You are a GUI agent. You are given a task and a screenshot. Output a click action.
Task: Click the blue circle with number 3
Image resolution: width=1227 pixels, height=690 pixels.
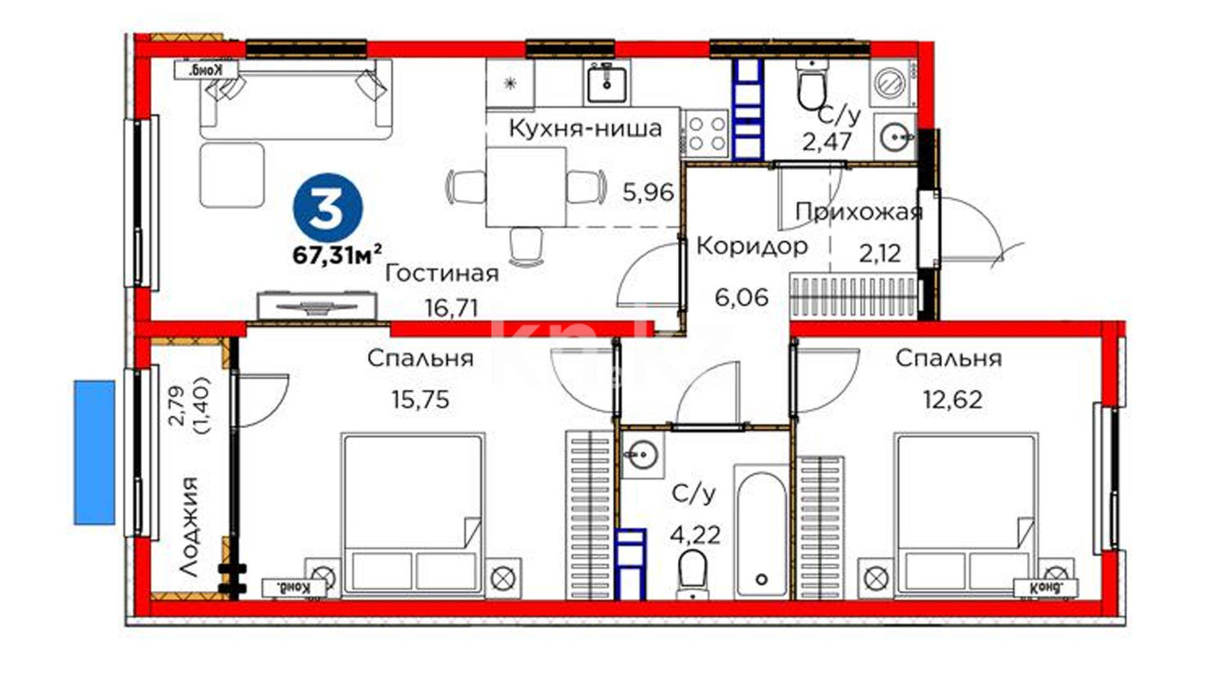pyautogui.click(x=328, y=209)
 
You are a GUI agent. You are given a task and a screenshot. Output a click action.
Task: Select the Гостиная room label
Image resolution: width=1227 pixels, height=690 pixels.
pyautogui.click(x=442, y=274)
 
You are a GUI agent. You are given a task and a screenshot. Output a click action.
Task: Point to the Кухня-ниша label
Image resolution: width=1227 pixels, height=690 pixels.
pyautogui.click(x=585, y=128)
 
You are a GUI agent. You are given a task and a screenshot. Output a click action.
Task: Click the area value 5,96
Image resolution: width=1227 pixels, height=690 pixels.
pyautogui.click(x=648, y=192)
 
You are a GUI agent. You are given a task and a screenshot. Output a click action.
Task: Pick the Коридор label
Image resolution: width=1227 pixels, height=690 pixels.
pyautogui.click(x=752, y=245)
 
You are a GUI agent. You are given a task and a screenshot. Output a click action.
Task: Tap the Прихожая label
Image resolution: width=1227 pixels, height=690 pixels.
pyautogui.click(x=859, y=212)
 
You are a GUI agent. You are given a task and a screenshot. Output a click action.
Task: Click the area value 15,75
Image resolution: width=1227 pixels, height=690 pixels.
pyautogui.click(x=421, y=400)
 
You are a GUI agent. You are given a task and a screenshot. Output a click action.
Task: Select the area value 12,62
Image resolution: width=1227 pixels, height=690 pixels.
pyautogui.click(x=952, y=400)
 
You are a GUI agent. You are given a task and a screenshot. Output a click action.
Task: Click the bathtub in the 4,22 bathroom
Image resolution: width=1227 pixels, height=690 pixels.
pyautogui.click(x=760, y=532)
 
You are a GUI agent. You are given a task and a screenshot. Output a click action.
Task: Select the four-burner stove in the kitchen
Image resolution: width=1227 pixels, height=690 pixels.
pyautogui.click(x=706, y=134)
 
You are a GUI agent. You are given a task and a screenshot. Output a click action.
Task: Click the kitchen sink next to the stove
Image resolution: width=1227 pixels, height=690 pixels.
pyautogui.click(x=606, y=82)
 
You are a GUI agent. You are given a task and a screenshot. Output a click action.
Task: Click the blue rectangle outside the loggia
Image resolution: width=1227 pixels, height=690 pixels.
pyautogui.click(x=95, y=452)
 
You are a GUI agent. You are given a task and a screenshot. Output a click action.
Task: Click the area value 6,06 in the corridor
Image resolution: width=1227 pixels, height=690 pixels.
pyautogui.click(x=741, y=297)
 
